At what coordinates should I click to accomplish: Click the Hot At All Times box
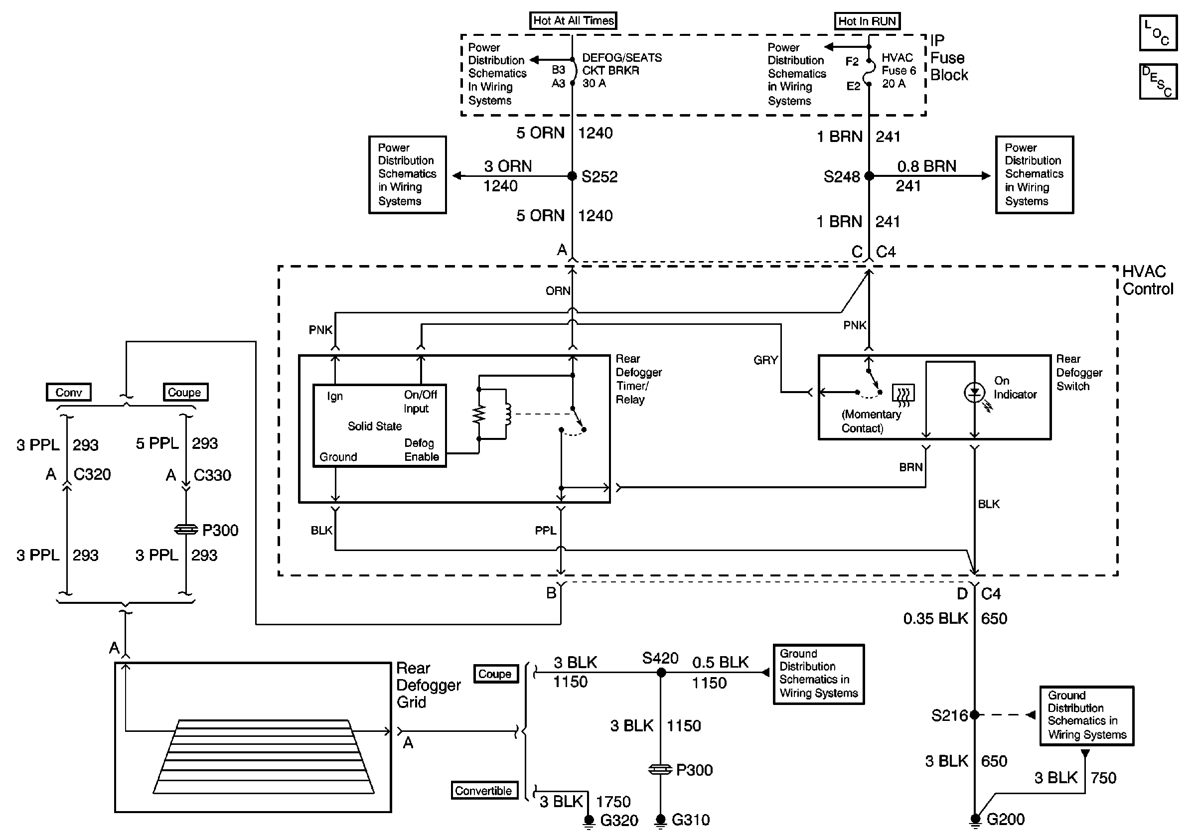click(x=573, y=21)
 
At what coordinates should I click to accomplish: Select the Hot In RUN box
click(x=867, y=21)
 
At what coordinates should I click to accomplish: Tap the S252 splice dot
click(x=573, y=176)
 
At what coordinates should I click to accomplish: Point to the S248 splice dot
click(x=869, y=176)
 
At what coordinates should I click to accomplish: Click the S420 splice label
click(x=660, y=658)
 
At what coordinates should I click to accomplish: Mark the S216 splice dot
click(x=974, y=715)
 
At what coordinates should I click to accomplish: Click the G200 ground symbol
click(x=974, y=820)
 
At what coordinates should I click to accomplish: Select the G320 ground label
click(x=619, y=821)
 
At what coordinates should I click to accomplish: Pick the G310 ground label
click(x=691, y=820)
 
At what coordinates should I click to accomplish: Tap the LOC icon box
click(x=1158, y=33)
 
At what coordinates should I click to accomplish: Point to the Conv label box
click(x=68, y=393)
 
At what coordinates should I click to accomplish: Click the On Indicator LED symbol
click(x=974, y=393)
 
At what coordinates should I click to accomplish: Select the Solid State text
click(x=375, y=426)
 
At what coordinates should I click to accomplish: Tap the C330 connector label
click(x=212, y=475)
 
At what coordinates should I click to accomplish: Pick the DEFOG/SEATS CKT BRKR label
click(x=621, y=71)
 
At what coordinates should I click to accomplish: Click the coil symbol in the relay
click(x=507, y=415)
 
